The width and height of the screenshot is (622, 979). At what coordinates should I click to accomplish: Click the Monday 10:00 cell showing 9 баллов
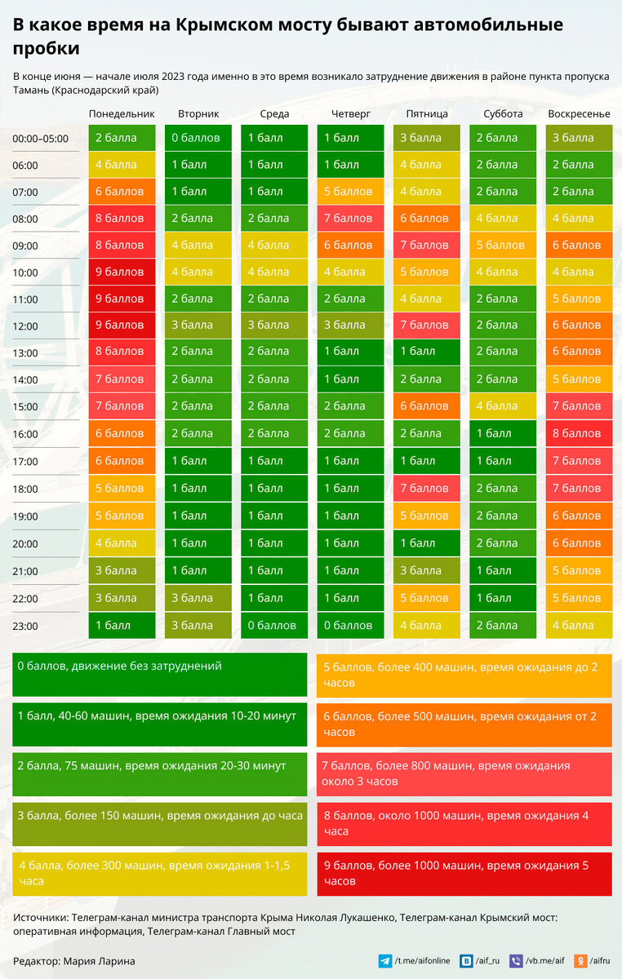click(122, 272)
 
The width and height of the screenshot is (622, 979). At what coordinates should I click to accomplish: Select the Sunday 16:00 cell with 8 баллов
click(579, 433)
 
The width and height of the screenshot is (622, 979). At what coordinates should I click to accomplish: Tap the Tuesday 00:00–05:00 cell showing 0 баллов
click(198, 138)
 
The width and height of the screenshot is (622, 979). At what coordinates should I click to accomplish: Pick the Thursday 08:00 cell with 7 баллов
click(350, 218)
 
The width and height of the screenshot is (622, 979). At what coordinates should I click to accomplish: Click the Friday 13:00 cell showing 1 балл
click(426, 352)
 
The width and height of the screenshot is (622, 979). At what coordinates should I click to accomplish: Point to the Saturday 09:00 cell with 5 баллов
click(503, 245)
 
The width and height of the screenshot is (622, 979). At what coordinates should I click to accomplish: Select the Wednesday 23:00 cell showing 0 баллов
click(274, 626)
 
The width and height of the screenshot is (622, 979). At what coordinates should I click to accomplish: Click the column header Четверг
click(351, 113)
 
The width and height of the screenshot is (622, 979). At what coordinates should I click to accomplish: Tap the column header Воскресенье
click(579, 113)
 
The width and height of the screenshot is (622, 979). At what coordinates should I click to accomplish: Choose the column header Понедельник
click(122, 113)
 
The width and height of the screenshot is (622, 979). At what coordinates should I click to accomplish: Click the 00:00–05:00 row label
click(41, 139)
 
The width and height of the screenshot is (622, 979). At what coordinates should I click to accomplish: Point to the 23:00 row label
click(25, 627)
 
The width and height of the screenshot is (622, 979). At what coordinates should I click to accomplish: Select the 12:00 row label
click(25, 326)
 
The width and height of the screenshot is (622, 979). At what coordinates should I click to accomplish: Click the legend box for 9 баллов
click(464, 874)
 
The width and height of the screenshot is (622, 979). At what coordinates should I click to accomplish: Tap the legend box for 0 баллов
click(160, 674)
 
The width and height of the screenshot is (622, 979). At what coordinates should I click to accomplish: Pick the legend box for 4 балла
click(160, 874)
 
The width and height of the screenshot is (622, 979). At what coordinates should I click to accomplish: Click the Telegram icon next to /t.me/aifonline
click(384, 961)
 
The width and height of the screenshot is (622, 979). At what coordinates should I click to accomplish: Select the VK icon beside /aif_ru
click(466, 961)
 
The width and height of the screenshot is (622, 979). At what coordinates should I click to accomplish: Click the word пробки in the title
click(46, 49)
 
